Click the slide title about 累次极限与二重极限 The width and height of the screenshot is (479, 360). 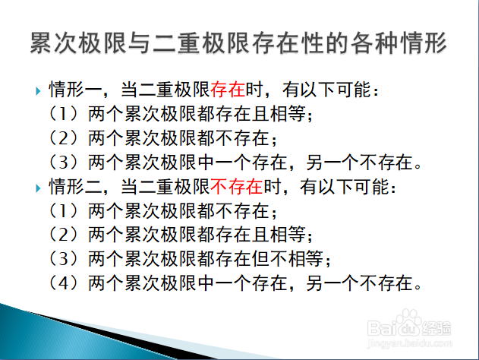pyautogui.click(x=238, y=43)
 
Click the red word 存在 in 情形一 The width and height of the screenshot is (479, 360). pyautogui.click(x=228, y=90)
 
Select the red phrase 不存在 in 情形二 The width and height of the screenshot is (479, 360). pyautogui.click(x=237, y=187)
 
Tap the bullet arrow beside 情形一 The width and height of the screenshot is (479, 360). pyautogui.click(x=38, y=91)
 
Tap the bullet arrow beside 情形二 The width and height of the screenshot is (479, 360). pyautogui.click(x=38, y=188)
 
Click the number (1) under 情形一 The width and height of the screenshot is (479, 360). pyautogui.click(x=63, y=114)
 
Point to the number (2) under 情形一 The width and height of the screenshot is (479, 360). pyautogui.click(x=63, y=137)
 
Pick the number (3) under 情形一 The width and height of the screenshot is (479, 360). pyautogui.click(x=63, y=162)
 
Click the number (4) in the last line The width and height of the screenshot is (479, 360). pyautogui.click(x=63, y=283)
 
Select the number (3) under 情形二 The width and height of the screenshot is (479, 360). pyautogui.click(x=63, y=259)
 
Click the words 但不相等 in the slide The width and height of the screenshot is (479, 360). pyautogui.click(x=288, y=259)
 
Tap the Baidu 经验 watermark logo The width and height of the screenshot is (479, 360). pyautogui.click(x=409, y=324)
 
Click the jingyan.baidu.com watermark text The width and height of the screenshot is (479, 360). pyautogui.click(x=409, y=343)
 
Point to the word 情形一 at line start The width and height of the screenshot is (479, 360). pyautogui.click(x=75, y=90)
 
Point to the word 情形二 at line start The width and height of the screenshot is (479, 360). pyautogui.click(x=75, y=187)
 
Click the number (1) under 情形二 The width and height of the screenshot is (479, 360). pyautogui.click(x=63, y=210)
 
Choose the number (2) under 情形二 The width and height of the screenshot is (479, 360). pyautogui.click(x=63, y=235)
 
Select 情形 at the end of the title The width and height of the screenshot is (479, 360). pyautogui.click(x=424, y=43)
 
